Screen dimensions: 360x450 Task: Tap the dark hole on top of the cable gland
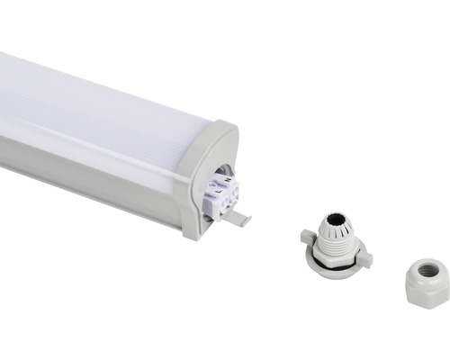[x=335, y=219]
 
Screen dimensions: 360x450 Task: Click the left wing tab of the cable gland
[x=308, y=238]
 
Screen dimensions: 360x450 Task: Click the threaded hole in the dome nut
[x=428, y=269]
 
